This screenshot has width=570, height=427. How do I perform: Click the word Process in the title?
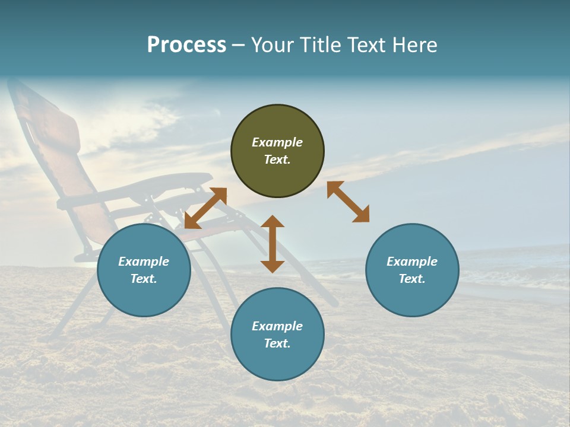pos(186,45)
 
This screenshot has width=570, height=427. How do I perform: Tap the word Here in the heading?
pos(414,45)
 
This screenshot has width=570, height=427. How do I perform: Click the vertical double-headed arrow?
pos(273,244)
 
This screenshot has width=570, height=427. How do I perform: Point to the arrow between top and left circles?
pos(205,208)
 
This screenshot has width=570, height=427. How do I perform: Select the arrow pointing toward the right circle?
pos(348,202)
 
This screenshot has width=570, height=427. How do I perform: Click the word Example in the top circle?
pos(277,142)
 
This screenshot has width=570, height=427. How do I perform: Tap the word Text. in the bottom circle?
pos(277,343)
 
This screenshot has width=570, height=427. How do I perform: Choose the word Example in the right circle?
pos(412,262)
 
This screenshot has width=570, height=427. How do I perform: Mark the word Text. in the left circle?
pos(144,279)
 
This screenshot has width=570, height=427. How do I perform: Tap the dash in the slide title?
pos(239,46)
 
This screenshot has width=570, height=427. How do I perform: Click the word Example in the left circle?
pos(144,262)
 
